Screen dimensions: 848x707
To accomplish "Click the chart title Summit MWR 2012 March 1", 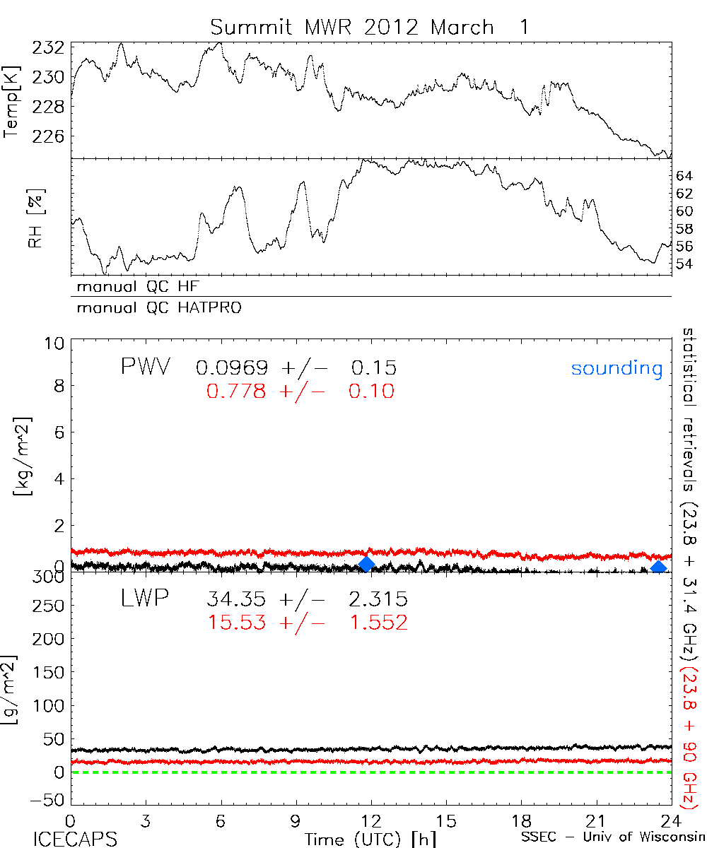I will point(369,27).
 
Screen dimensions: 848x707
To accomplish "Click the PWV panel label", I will point(144,367).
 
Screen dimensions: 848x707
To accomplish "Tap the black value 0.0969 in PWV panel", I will point(231,368).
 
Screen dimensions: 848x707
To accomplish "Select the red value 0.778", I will point(236,391).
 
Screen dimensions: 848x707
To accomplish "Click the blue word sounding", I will point(617,369).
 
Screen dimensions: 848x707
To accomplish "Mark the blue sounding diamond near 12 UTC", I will point(366,563).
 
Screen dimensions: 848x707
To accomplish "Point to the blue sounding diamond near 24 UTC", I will point(658,567).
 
